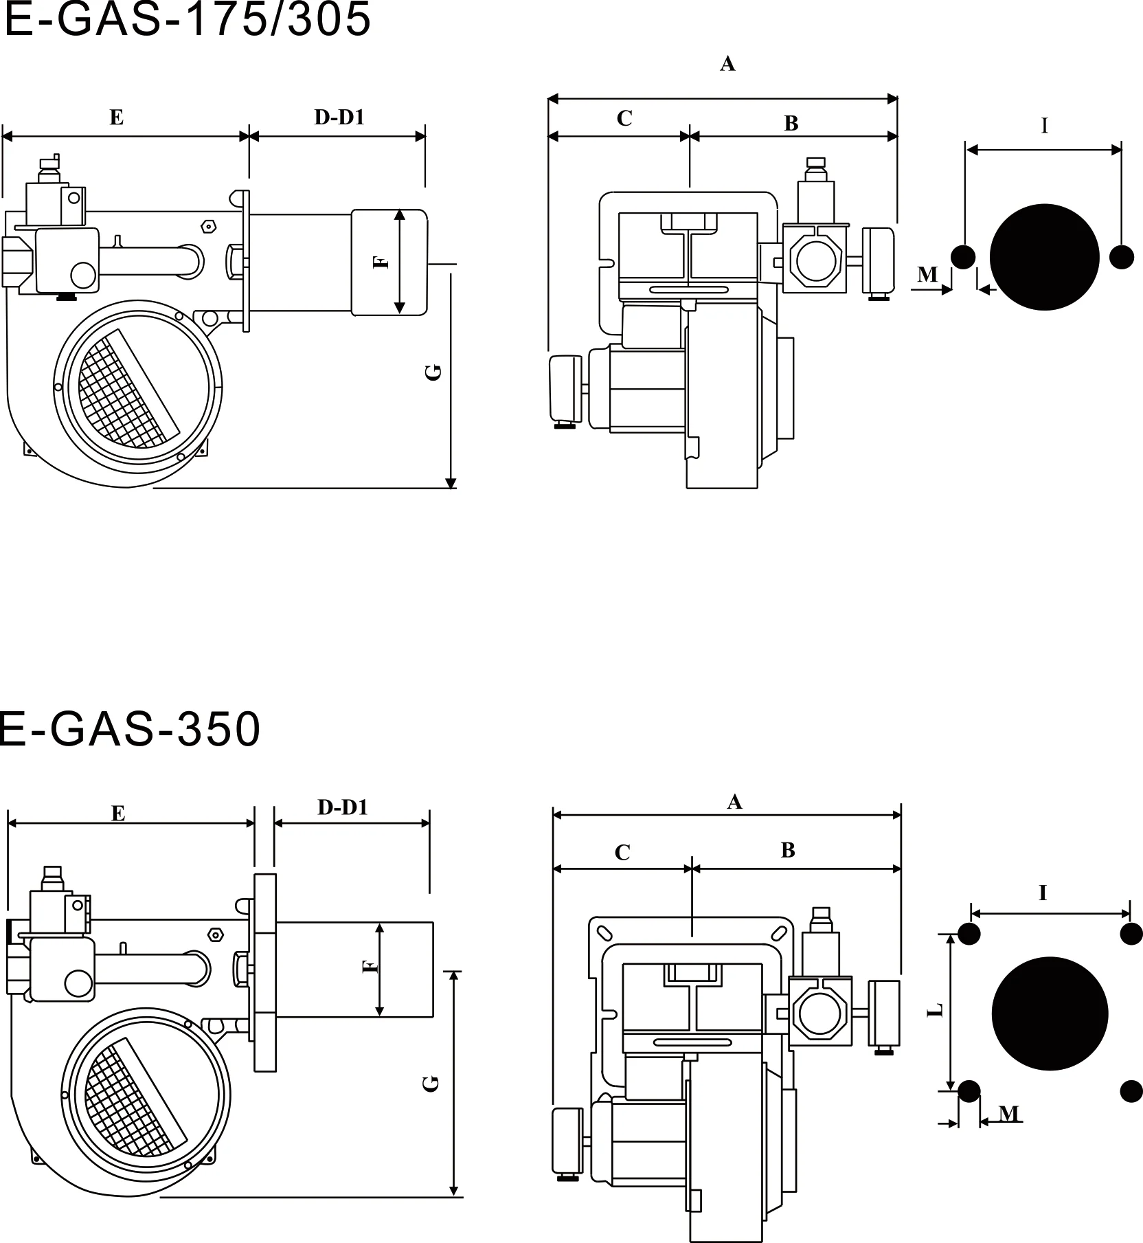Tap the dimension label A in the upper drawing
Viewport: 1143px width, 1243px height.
click(727, 64)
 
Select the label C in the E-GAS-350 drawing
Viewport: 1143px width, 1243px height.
click(622, 853)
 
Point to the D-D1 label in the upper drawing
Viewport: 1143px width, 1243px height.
click(339, 117)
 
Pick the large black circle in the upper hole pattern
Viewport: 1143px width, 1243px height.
click(1044, 257)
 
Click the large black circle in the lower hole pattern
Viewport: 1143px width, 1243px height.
click(1050, 1014)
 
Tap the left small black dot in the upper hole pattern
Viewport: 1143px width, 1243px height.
click(963, 257)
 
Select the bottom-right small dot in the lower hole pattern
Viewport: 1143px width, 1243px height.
click(1131, 1091)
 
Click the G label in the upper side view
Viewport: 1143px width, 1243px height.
click(433, 372)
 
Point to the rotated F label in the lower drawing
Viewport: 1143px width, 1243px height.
click(370, 967)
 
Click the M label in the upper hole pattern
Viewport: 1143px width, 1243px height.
click(927, 275)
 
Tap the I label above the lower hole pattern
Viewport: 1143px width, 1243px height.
click(1043, 893)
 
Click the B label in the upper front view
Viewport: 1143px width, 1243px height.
click(791, 124)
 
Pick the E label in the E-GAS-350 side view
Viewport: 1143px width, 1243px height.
click(118, 814)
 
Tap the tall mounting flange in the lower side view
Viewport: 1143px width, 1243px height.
click(264, 972)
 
